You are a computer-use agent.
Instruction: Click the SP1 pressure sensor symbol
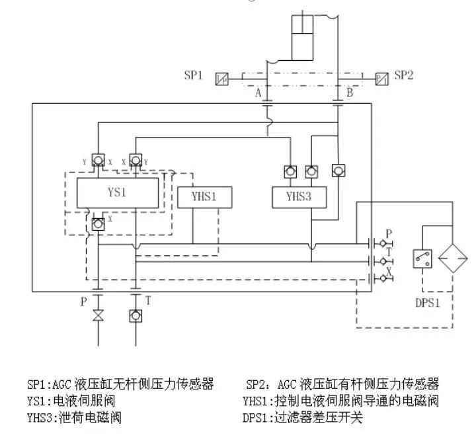(x=221, y=79)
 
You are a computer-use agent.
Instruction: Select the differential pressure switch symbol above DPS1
(x=422, y=258)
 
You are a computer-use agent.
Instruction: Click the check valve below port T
(x=135, y=316)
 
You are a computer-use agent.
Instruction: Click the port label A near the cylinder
(x=259, y=93)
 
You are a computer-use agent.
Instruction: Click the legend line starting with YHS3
(x=74, y=418)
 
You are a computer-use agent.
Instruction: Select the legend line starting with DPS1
(x=304, y=418)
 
